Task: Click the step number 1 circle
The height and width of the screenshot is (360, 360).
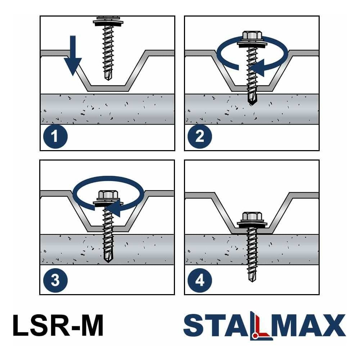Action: [x=55, y=136]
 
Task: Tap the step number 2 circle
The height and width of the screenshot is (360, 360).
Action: [x=200, y=136]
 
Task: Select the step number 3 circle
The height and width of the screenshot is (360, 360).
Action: [x=55, y=280]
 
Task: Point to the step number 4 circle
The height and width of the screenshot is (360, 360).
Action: [x=200, y=280]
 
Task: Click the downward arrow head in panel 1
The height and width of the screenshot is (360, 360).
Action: [x=73, y=66]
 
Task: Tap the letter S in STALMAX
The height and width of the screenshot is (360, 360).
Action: [x=194, y=325]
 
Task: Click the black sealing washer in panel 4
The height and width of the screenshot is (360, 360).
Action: [x=252, y=226]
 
